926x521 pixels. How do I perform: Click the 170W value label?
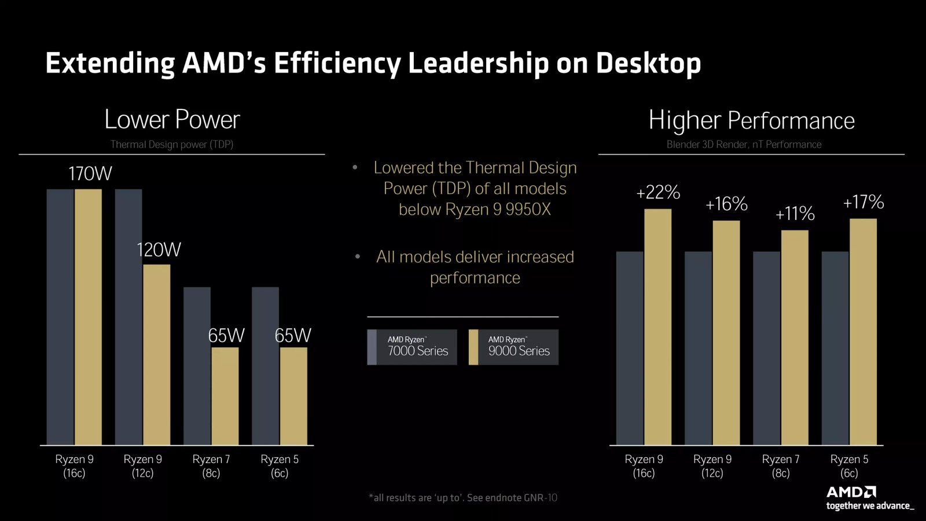click(90, 174)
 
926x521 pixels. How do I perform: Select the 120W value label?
click(159, 250)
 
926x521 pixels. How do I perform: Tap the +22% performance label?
click(658, 192)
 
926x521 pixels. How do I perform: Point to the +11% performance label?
click(795, 214)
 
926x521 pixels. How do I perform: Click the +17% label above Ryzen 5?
click(863, 202)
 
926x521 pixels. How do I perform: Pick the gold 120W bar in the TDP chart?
click(156, 354)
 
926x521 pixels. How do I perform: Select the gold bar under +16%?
click(726, 333)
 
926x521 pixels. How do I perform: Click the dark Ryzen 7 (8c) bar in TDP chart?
click(197, 366)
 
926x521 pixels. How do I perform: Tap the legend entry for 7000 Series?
click(412, 347)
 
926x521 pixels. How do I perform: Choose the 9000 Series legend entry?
click(513, 347)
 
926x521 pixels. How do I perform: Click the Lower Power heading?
click(172, 120)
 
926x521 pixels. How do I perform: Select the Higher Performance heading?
click(751, 120)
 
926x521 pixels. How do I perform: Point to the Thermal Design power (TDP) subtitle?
click(172, 145)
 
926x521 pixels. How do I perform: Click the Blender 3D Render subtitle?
click(744, 145)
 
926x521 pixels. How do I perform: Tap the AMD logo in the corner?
click(851, 492)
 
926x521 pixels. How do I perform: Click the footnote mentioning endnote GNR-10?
click(463, 498)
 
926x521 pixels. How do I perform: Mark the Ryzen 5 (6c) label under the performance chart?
click(849, 466)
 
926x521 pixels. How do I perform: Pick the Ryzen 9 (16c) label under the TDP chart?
click(74, 466)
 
